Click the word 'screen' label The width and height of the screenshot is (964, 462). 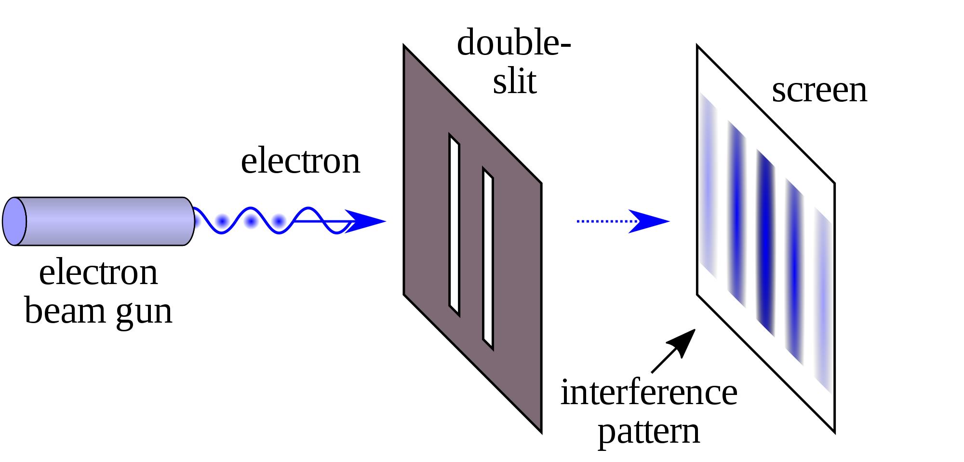(x=819, y=91)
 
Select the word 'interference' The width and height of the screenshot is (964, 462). (x=648, y=393)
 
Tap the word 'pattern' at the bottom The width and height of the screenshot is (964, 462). (x=648, y=432)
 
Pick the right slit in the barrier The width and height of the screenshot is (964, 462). (x=488, y=258)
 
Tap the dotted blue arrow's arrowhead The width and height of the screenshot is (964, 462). (x=651, y=221)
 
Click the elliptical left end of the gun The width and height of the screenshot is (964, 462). (x=14, y=221)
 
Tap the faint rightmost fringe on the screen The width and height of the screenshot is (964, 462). (x=823, y=299)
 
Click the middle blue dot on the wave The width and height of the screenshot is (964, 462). (x=251, y=221)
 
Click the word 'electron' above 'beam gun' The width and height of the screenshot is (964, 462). (x=98, y=273)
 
